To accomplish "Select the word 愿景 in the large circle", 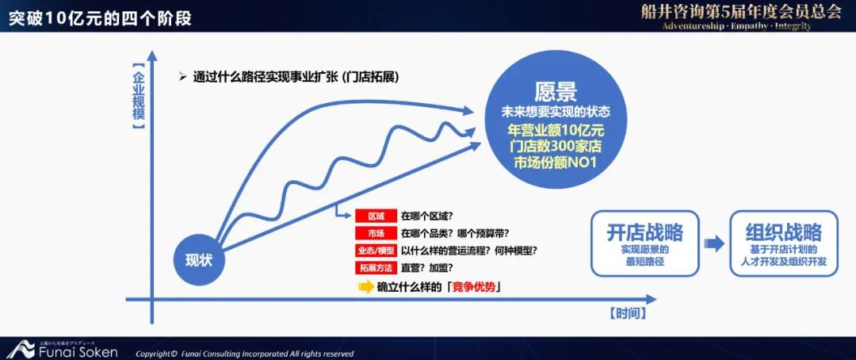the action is [556, 92].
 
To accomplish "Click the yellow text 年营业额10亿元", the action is [556, 132].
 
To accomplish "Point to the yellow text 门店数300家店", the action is [556, 147].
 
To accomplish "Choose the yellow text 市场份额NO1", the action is [556, 163].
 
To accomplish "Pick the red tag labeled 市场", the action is [376, 233].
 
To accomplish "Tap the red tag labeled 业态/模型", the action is [376, 251].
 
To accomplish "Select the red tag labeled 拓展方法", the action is [376, 268].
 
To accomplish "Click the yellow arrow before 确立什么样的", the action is [365, 287].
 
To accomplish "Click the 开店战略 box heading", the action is [644, 233].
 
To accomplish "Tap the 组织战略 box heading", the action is [783, 233].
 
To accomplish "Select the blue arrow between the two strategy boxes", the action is [714, 244].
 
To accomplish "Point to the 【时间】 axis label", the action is [628, 313].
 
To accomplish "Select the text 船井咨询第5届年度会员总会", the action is [741, 13].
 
